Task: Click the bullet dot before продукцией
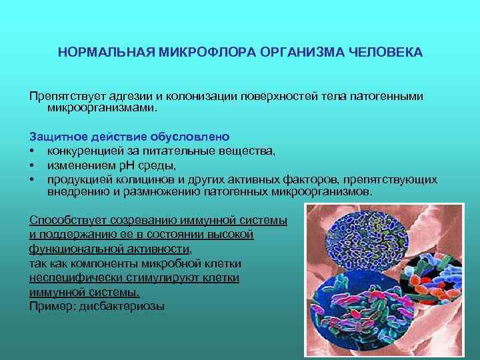coord(32,179)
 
